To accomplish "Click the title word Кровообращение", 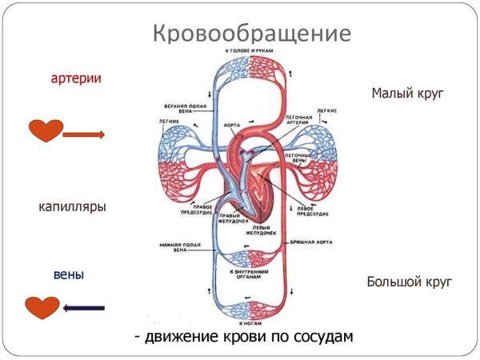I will pos(250,34).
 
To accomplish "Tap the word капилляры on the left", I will pos(72,206).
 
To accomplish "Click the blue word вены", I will pos(69,274).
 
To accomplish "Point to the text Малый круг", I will pos(407,94).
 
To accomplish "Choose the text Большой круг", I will pos(410,282).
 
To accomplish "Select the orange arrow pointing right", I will pos(83,134).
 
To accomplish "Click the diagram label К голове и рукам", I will pos(251,51).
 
